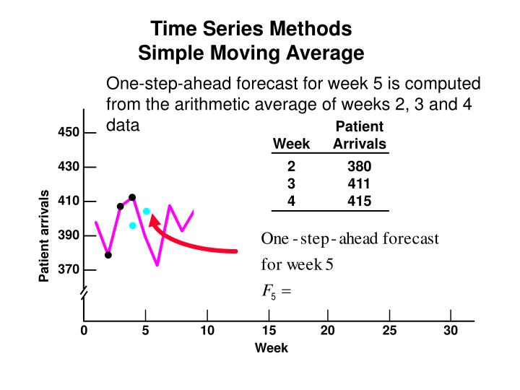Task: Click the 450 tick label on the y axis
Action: (x=68, y=133)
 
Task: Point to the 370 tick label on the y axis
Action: (x=68, y=270)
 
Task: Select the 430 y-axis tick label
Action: (x=68, y=167)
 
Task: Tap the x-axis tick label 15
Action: (x=269, y=331)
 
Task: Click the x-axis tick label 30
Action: (x=451, y=331)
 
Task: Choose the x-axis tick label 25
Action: (x=389, y=331)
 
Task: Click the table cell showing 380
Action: (x=359, y=167)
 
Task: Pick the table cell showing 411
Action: (x=359, y=184)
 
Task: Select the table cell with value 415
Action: (x=359, y=201)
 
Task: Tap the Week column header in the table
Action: (x=291, y=144)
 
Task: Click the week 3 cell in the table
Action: (x=291, y=184)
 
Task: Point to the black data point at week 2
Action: (x=108, y=255)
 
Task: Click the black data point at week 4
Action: (x=132, y=197)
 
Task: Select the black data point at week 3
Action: (x=121, y=207)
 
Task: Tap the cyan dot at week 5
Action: (x=146, y=212)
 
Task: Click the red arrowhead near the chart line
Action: (x=155, y=220)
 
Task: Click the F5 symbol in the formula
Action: (x=266, y=292)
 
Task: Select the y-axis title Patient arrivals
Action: (x=45, y=235)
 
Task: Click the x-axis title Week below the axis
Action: (x=272, y=348)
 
